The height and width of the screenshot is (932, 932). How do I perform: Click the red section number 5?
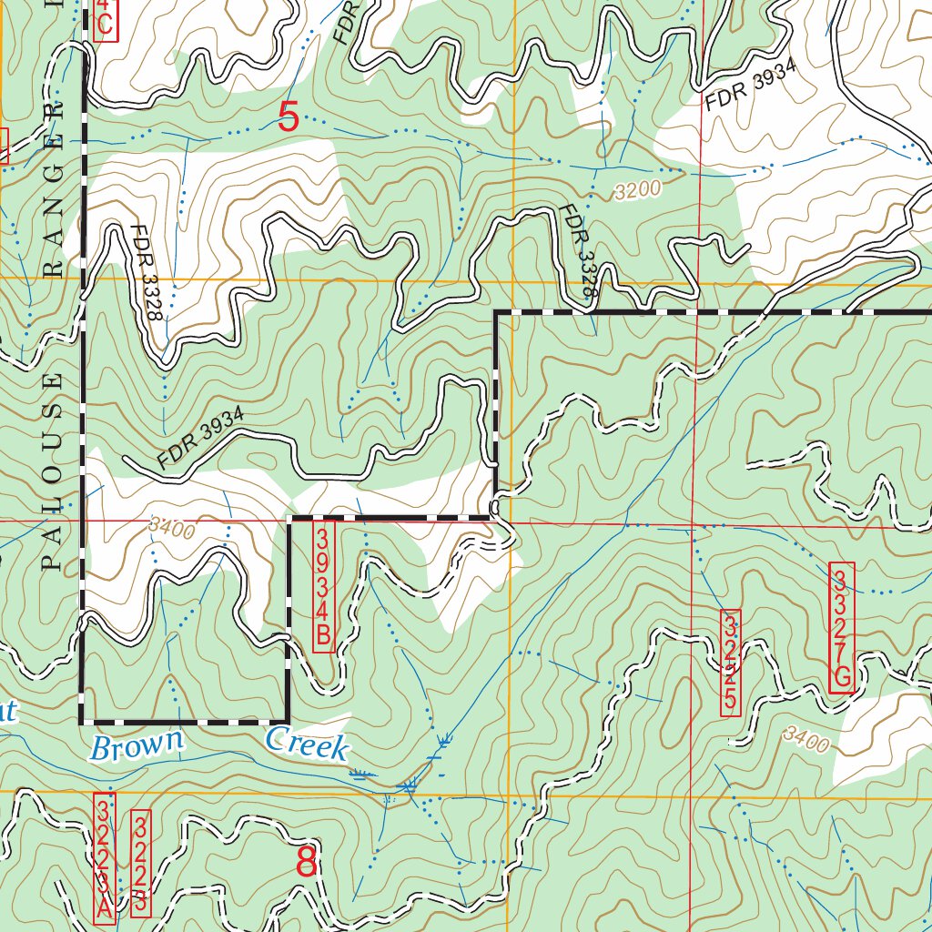(289, 117)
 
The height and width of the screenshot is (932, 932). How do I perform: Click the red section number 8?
(307, 862)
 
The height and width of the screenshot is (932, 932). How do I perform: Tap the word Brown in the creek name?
(137, 746)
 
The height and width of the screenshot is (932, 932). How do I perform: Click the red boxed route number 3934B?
(323, 585)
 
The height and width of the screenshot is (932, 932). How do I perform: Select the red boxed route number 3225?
(730, 661)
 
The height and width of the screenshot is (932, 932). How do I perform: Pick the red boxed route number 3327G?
(842, 628)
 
